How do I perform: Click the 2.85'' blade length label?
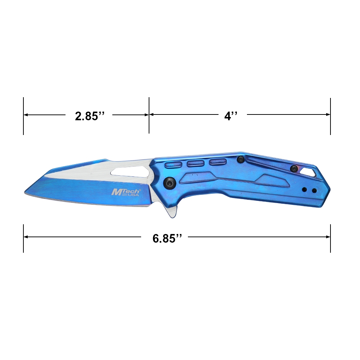[x=90, y=116]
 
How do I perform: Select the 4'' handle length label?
[x=231, y=116]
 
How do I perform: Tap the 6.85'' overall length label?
[x=167, y=238]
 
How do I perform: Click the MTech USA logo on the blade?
[x=125, y=192]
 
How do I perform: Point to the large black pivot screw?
[x=170, y=183]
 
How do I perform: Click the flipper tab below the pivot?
[x=172, y=211]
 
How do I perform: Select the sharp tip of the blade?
[x=25, y=192]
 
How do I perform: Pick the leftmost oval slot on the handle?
[x=174, y=165]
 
